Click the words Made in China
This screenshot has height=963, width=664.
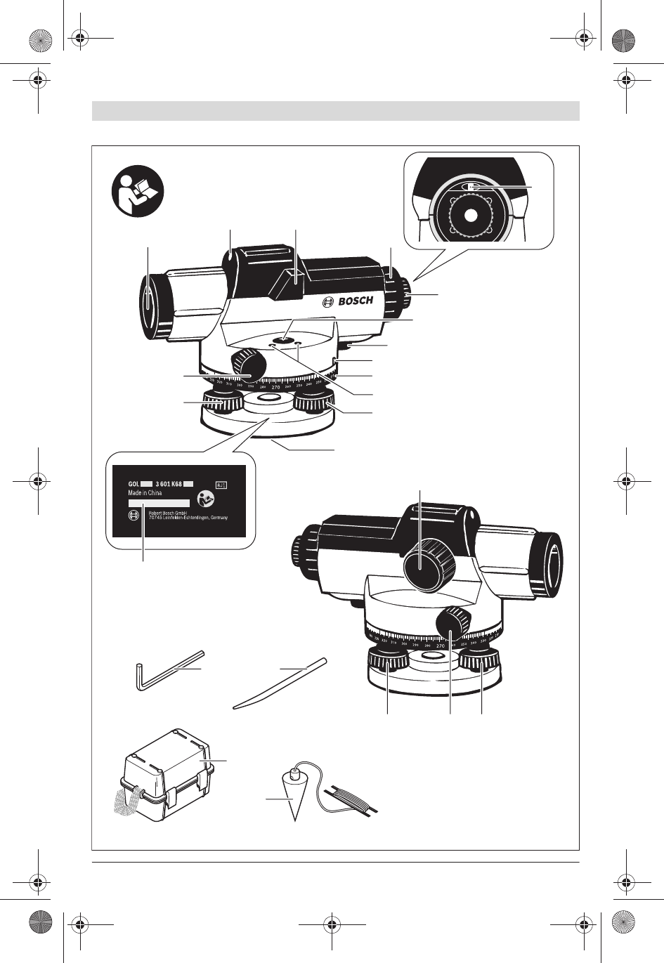[x=145, y=493]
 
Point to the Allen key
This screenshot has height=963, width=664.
[x=162, y=669]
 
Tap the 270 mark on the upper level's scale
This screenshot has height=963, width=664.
[x=275, y=387]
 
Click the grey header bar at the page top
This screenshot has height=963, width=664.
[x=335, y=111]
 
